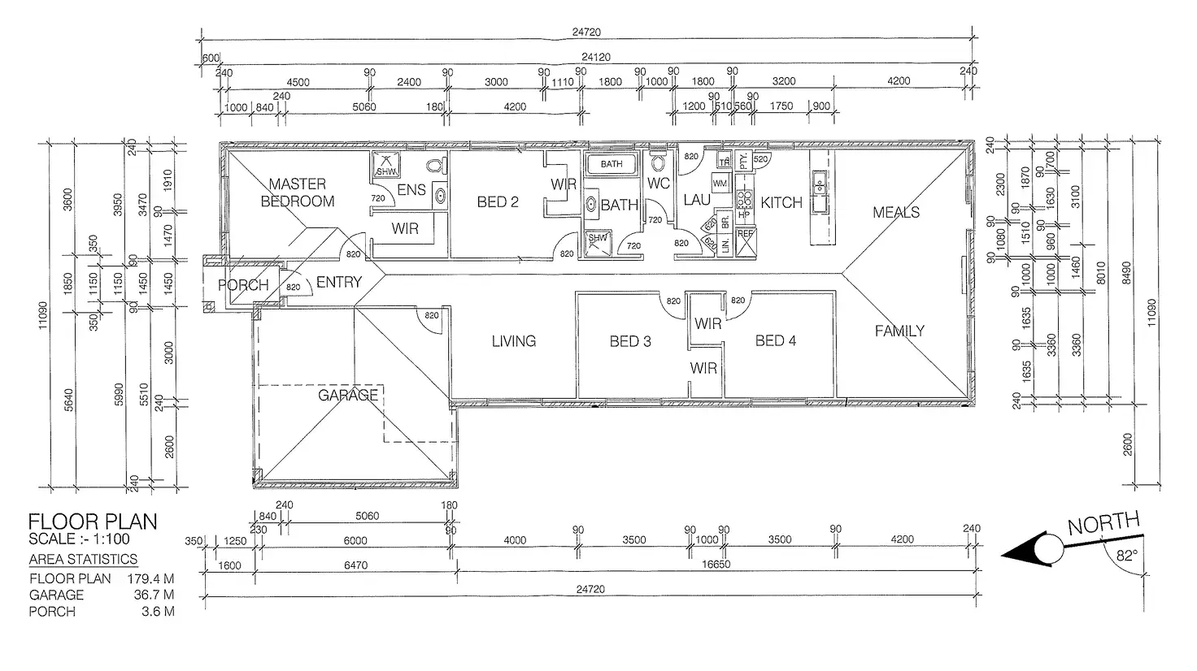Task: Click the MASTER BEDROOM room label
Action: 297,193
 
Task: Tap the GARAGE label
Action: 348,396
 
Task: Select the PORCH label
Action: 243,285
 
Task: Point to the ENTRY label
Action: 338,282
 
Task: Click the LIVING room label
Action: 514,341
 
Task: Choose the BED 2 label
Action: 498,201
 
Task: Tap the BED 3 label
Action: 630,341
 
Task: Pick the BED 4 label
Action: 776,340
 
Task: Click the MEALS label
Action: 896,212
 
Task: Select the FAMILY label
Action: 899,331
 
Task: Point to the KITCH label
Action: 781,202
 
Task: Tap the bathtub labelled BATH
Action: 612,164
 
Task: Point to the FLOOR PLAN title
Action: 93,522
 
